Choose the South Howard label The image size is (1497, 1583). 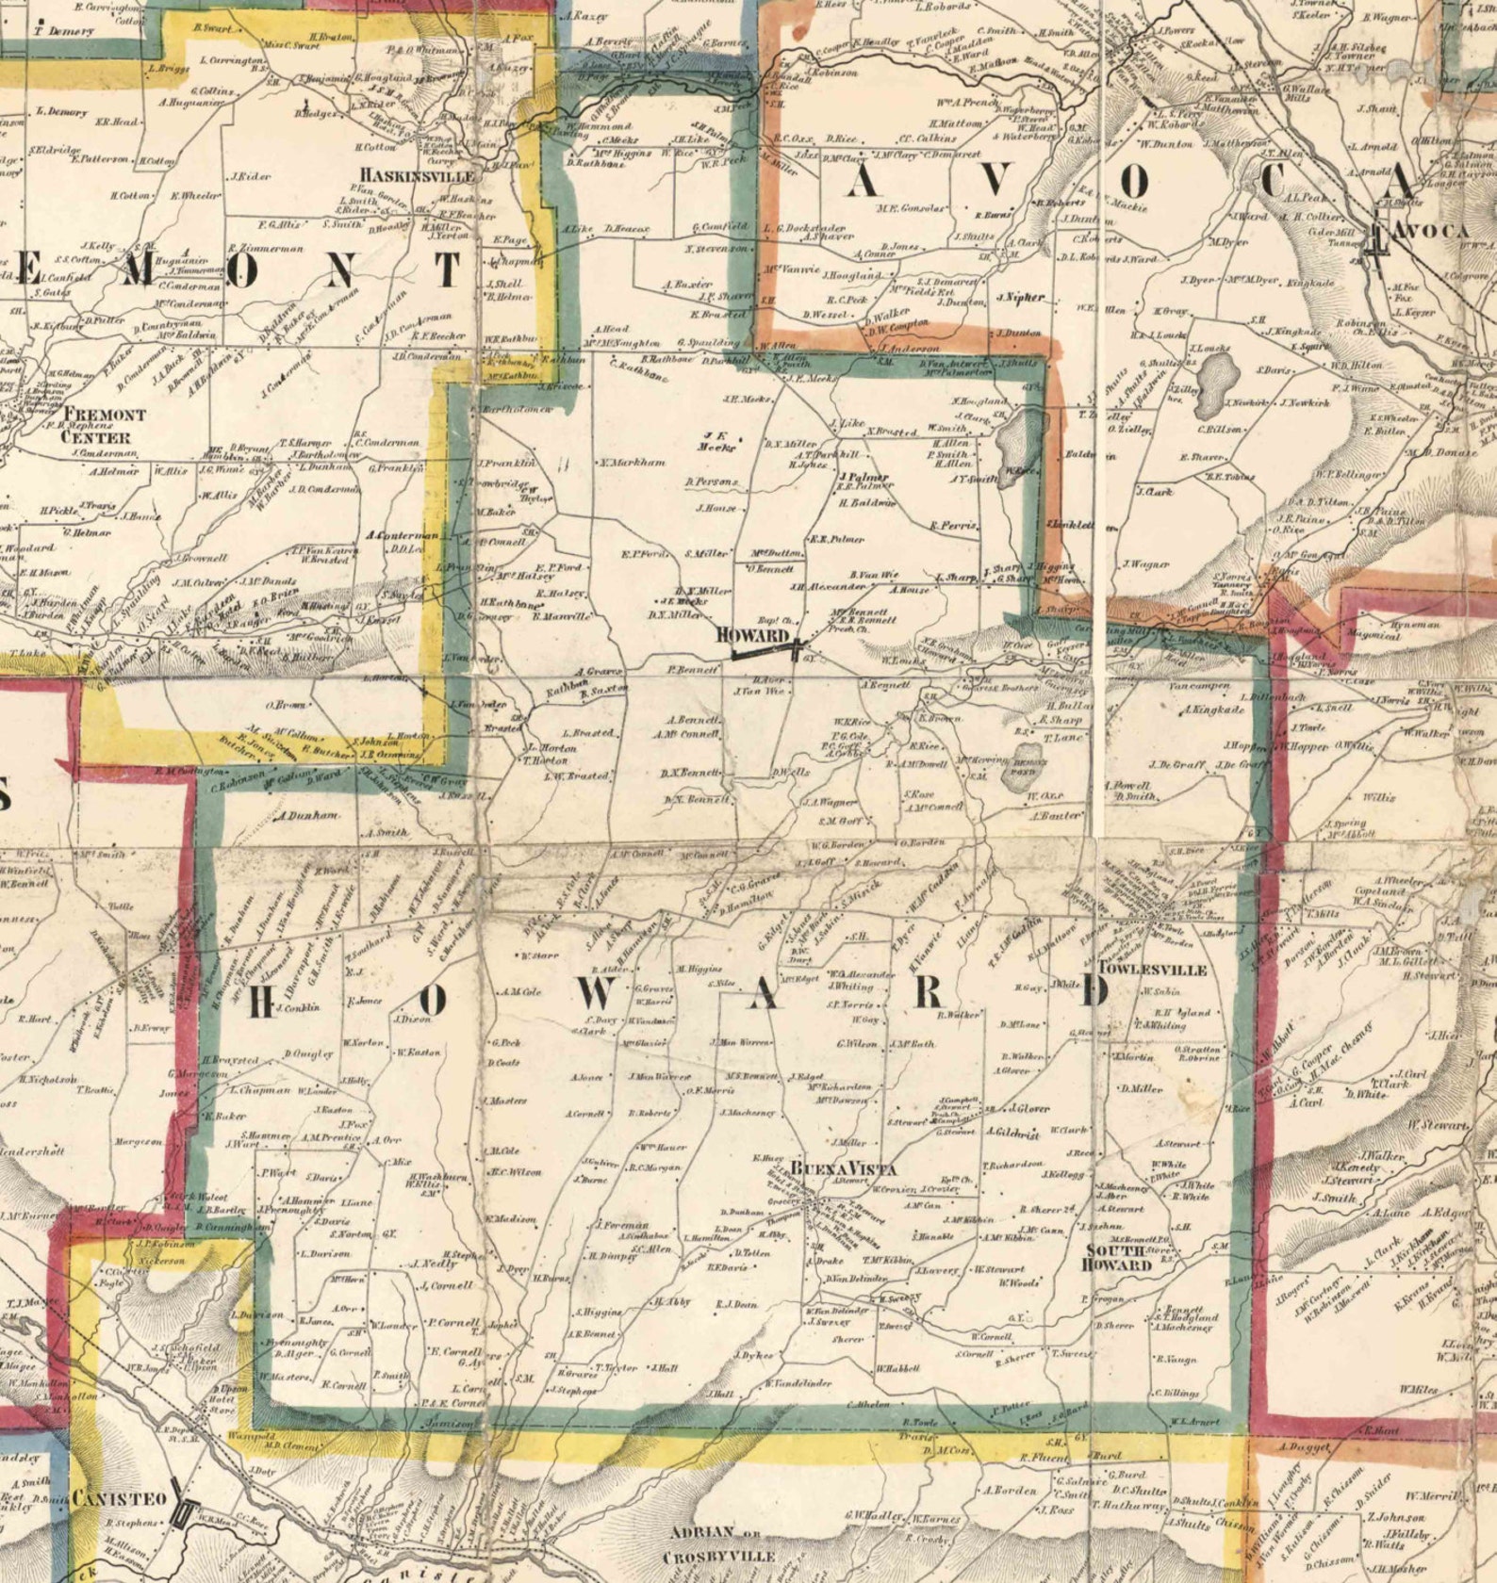1118,1257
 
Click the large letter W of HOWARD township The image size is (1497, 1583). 603,991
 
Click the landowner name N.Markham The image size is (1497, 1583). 632,463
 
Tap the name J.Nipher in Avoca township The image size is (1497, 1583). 1020,297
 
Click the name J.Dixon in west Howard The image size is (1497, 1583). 411,1019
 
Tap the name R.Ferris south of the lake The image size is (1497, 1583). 953,525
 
